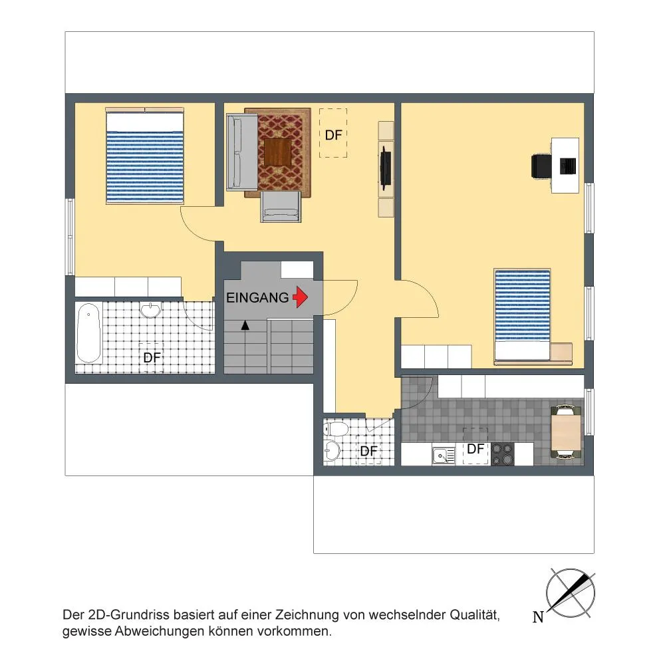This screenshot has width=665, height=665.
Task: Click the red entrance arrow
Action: pos(301,297)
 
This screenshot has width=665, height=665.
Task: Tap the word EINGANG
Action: pos(257,298)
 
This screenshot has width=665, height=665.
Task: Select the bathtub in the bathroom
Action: pos(88,333)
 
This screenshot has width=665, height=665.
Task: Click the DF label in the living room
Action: pos(333,135)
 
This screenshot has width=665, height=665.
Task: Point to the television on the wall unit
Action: pos(385,168)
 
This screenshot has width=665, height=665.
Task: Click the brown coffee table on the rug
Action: pos(278,152)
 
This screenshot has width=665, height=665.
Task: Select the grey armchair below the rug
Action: pos(281,207)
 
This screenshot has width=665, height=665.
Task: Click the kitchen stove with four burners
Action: pos(503,454)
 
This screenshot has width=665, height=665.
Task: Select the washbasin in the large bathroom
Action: pos(150,311)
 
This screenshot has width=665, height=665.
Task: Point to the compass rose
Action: pos(571,593)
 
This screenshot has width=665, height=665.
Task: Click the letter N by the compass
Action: pos(538,616)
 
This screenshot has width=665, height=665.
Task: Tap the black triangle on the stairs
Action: pos(245,325)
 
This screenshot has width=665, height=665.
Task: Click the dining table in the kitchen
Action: pos(566,432)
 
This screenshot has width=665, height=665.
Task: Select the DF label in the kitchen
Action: pos(475,449)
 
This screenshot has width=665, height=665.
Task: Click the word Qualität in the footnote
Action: pos(475,614)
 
